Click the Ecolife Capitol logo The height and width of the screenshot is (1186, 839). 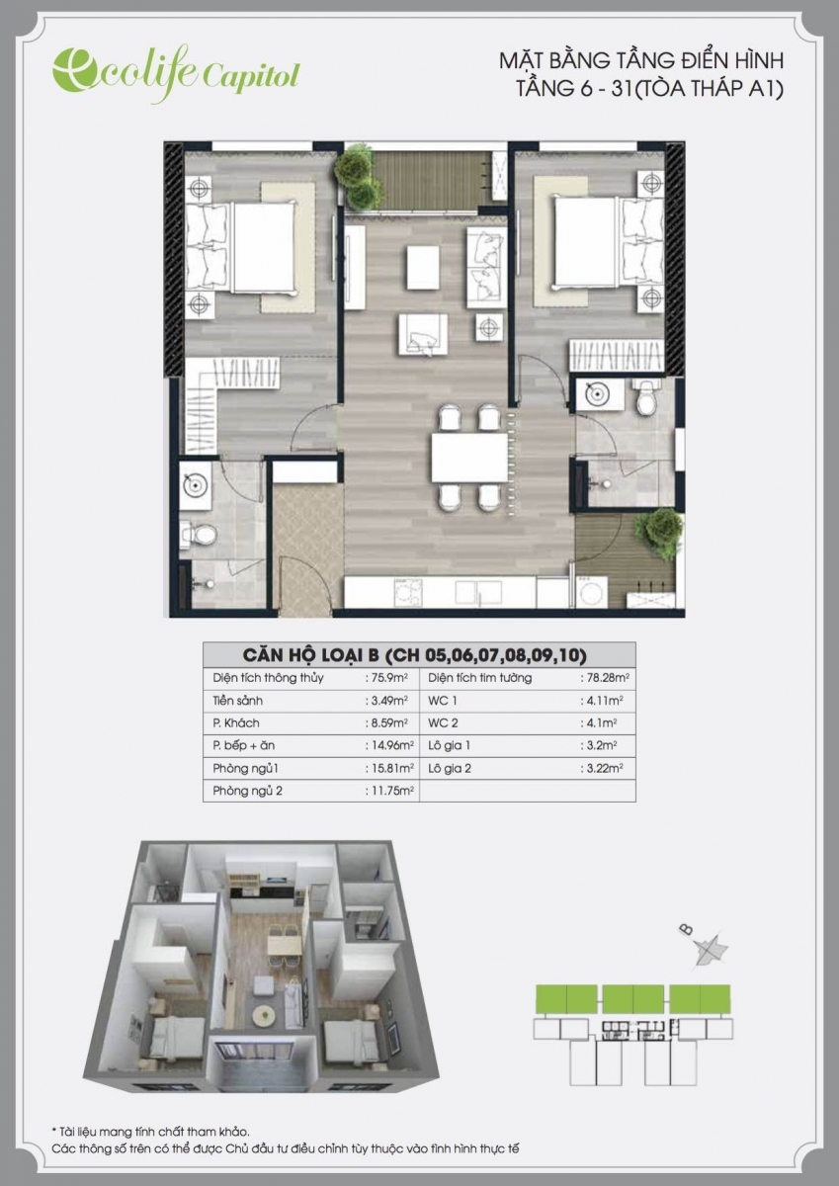(176, 75)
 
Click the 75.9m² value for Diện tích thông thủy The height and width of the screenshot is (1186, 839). (387, 678)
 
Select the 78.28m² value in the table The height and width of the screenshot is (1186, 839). (605, 678)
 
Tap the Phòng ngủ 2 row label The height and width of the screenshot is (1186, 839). (247, 791)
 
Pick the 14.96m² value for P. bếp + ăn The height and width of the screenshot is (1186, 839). (389, 745)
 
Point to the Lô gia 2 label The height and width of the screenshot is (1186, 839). (450, 768)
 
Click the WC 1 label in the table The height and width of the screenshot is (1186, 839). (443, 701)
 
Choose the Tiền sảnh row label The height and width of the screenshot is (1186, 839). (238, 701)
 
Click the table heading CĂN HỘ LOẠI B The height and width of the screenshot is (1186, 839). (310, 655)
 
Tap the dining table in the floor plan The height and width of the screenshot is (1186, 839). (470, 458)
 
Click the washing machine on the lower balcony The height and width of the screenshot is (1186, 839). (591, 592)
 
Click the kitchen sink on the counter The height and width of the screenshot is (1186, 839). (478, 592)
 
